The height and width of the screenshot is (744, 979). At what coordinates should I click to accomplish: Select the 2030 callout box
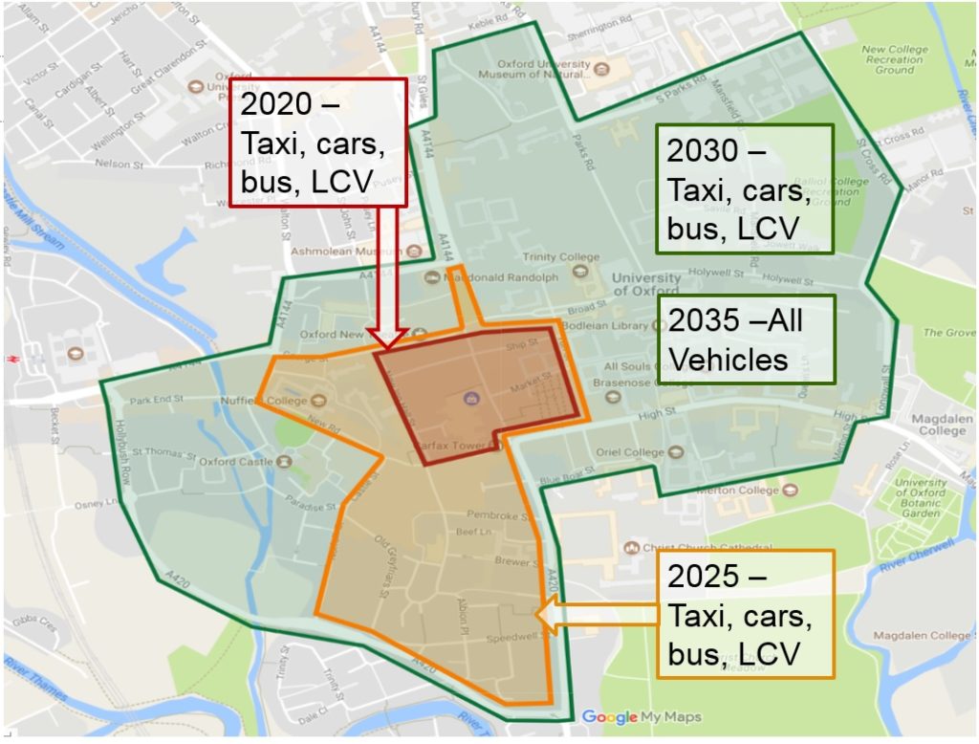click(x=745, y=189)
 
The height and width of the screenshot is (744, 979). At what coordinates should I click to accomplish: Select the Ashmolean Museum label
click(x=348, y=252)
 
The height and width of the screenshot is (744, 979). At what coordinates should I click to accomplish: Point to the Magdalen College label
click(x=944, y=425)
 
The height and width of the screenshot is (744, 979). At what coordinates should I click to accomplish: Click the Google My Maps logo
click(x=641, y=716)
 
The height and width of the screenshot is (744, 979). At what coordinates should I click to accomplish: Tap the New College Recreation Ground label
click(x=894, y=59)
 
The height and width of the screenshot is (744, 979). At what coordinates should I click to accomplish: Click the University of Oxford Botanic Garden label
click(x=922, y=498)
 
